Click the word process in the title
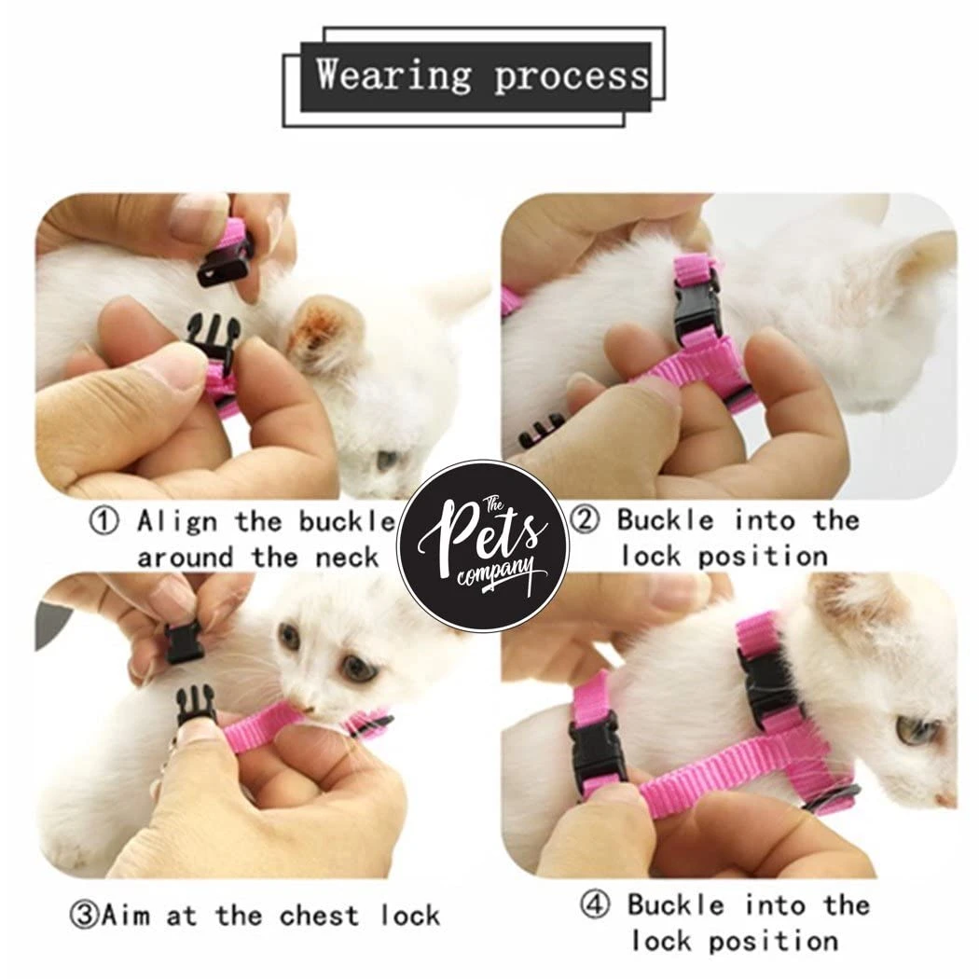coord(572,77)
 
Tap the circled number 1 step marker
coord(104,520)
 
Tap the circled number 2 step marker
coord(585,519)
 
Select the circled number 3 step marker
coord(84,916)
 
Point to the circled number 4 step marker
coord(595,904)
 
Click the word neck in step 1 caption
coord(347,558)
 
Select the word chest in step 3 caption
coord(319,916)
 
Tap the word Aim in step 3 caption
coord(126,916)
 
